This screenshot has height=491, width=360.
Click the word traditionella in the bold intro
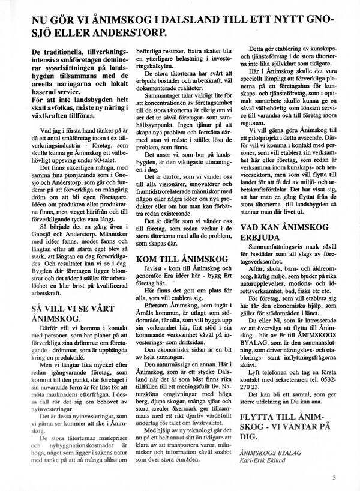pos(68,54)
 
